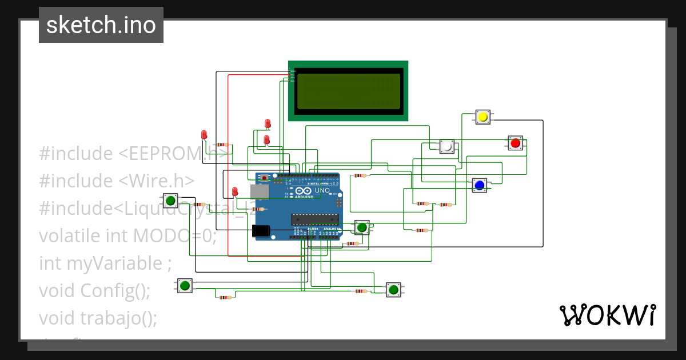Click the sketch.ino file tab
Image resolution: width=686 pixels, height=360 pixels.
101,25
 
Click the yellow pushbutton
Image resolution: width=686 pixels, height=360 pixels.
482,117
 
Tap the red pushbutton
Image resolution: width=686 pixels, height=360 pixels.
515,143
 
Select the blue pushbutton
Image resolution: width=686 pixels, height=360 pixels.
479,185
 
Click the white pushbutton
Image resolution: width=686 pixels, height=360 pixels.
447,147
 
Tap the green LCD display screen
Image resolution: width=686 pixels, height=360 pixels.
348,91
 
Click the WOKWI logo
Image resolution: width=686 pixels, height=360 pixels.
607,315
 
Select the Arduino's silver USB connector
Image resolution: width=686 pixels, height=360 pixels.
259,191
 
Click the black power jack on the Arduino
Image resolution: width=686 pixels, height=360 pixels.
261,230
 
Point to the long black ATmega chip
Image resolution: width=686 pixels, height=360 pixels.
314,218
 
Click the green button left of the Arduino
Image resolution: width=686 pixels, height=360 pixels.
170,201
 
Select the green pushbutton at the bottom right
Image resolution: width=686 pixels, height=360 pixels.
393,290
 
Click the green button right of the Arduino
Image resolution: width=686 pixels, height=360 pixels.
361,227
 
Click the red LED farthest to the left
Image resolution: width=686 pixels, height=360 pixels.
204,135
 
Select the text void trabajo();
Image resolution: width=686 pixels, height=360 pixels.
98,318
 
